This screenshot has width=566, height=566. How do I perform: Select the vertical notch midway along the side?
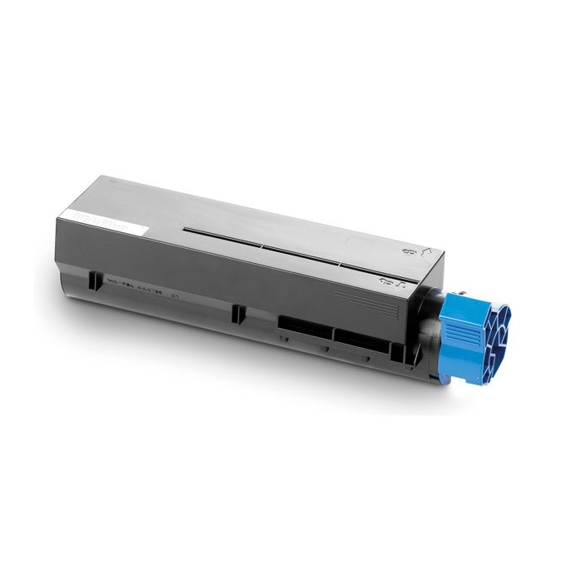coord(237,312)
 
